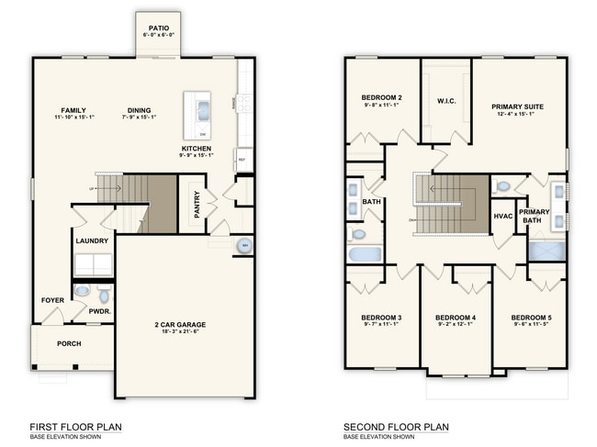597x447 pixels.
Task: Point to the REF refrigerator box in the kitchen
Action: coord(242,159)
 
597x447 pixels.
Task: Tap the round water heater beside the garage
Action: coord(243,246)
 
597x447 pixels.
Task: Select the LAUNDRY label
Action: coord(93,241)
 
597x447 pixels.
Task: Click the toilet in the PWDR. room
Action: coord(103,295)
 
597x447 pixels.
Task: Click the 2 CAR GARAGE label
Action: coord(179,325)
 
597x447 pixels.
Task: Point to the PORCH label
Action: coord(69,343)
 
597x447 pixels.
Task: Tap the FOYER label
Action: coord(52,300)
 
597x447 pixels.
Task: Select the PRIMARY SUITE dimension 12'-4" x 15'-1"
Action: coord(517,115)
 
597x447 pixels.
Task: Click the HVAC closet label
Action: coord(502,217)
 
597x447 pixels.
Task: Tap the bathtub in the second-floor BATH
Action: coord(365,253)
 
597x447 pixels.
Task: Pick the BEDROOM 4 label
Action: coord(455,318)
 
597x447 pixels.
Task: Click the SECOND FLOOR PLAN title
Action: coord(396,427)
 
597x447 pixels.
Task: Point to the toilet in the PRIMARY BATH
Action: coord(502,186)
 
